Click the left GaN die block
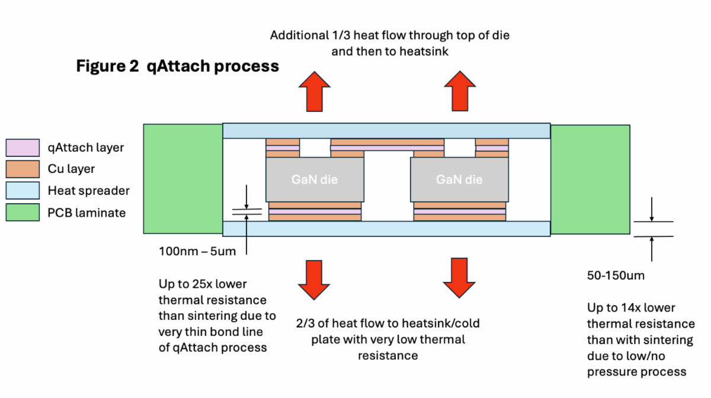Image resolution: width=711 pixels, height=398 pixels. point(315,179)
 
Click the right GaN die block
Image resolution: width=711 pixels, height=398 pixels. point(459,179)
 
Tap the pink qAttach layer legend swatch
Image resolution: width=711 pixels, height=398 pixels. point(23,147)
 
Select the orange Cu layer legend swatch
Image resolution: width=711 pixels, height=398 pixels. point(23,169)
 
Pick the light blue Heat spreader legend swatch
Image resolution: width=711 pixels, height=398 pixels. point(23,191)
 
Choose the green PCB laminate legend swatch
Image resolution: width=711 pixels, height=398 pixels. point(23,213)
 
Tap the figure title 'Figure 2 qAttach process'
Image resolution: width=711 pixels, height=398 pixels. point(177,66)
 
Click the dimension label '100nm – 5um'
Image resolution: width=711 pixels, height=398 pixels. point(197,251)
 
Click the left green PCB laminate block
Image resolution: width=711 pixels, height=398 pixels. point(182,179)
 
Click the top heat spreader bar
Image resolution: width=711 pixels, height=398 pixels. point(386,131)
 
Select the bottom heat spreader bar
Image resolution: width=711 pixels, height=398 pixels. point(386,229)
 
